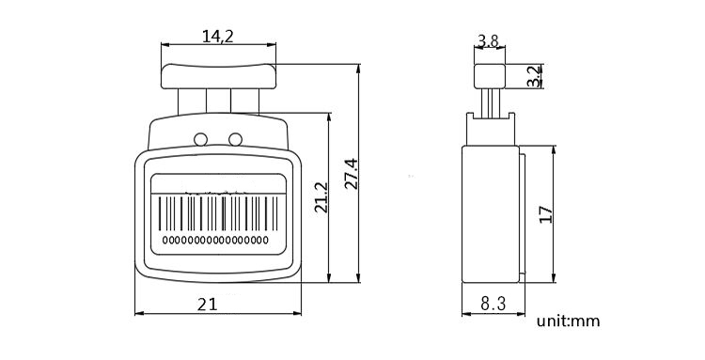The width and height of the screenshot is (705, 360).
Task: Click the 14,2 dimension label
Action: (217, 36)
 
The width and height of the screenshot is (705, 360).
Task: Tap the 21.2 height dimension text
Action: (320, 199)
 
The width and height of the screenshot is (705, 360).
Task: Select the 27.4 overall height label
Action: (350, 172)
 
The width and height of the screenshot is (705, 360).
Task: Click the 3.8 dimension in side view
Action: (488, 40)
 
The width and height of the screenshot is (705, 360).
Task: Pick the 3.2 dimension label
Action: (534, 76)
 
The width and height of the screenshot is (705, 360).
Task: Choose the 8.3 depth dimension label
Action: (493, 303)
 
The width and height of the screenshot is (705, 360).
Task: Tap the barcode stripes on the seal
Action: (217, 213)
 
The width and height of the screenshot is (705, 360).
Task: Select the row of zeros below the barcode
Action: (217, 242)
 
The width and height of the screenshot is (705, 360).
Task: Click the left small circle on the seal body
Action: (200, 140)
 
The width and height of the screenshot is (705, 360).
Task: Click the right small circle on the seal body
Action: (235, 140)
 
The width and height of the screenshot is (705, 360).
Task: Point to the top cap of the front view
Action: (217, 72)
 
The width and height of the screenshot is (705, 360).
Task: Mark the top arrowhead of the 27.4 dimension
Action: (361, 66)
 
